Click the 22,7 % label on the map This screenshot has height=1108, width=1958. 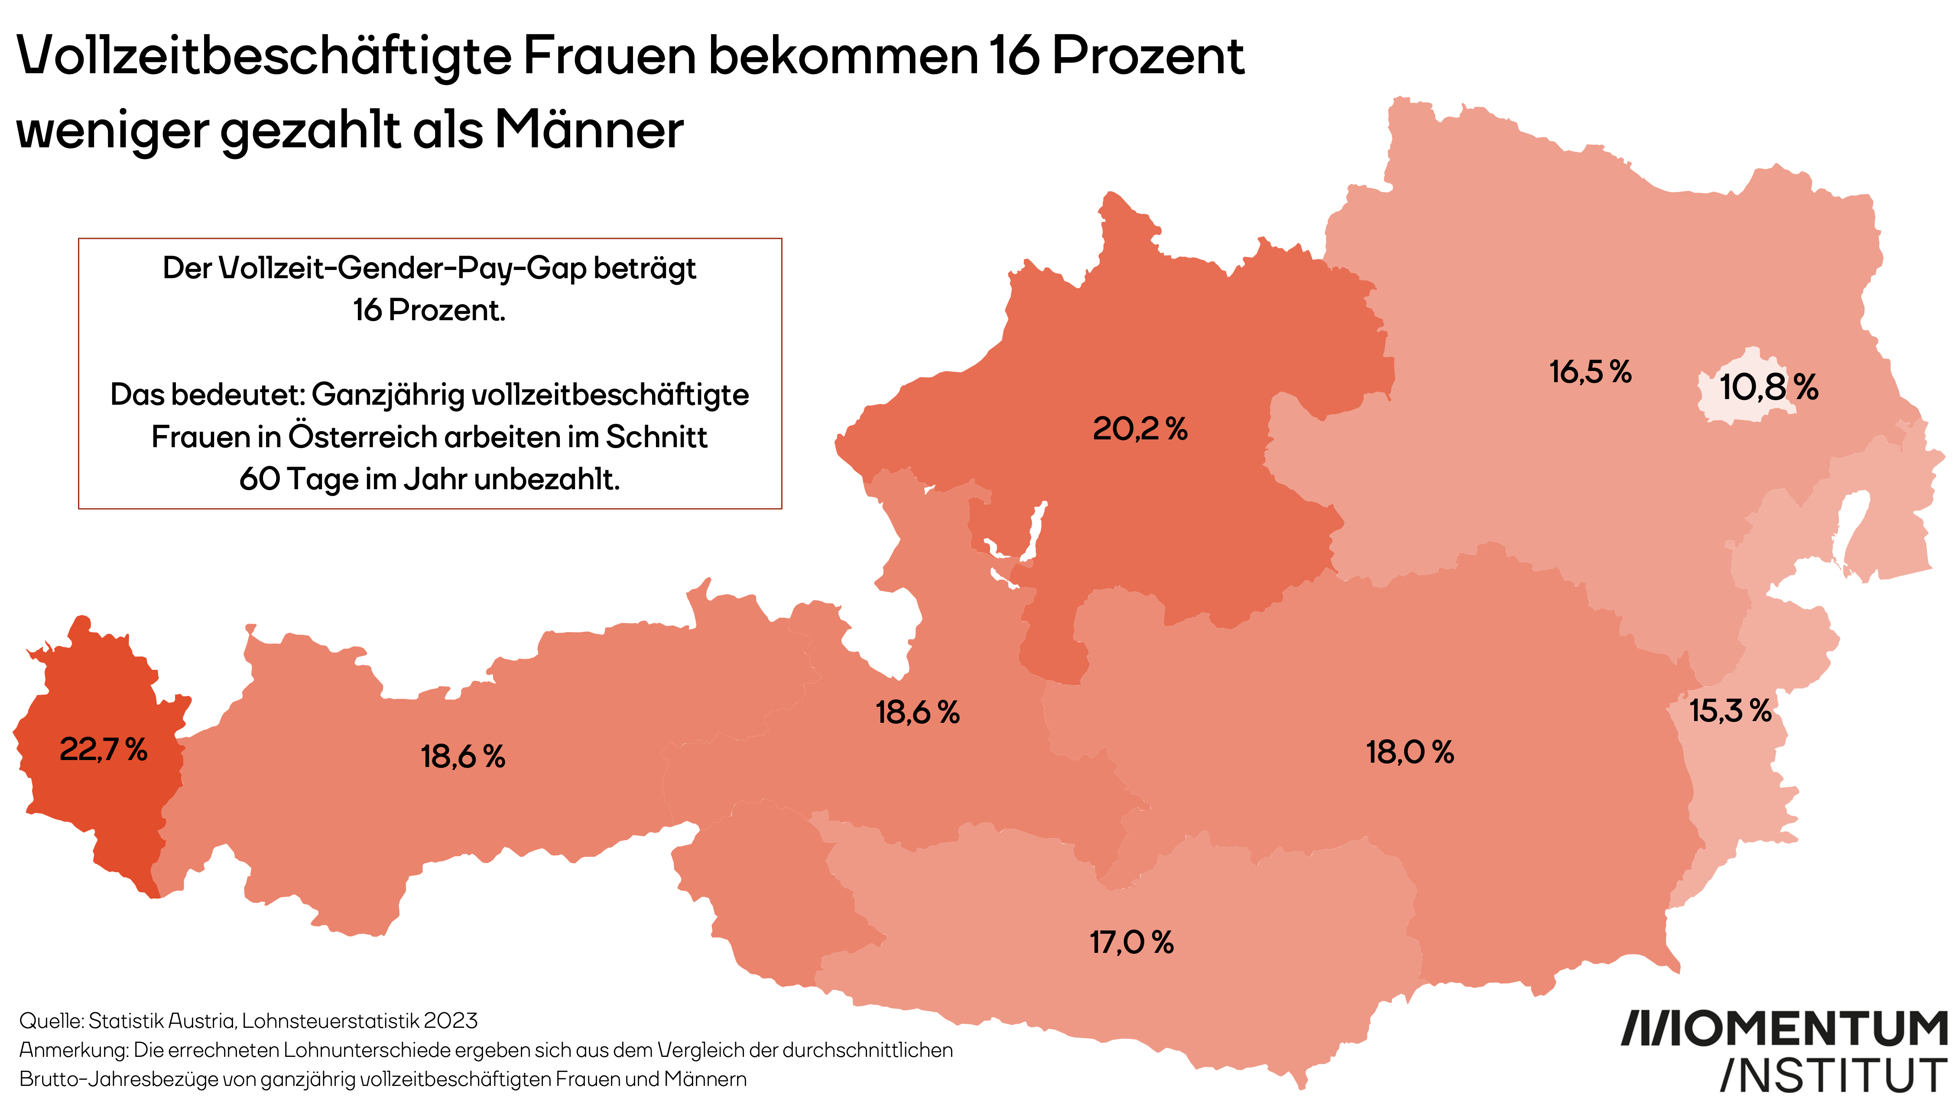pos(104,751)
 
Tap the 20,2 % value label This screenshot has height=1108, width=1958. pos(1140,429)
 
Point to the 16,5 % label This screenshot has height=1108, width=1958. pos(1590,372)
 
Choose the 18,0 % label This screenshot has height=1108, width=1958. pos(1409,753)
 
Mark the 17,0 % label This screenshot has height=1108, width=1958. pos(1131,943)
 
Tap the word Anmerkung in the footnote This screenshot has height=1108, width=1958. pos(73,1050)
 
